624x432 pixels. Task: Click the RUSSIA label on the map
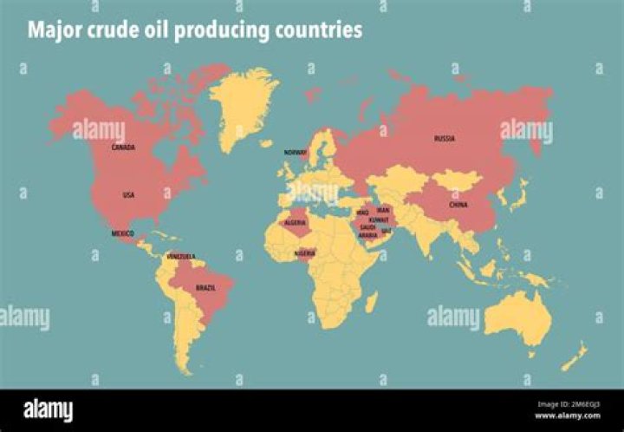(445, 139)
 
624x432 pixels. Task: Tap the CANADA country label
(122, 147)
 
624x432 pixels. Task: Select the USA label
(128, 195)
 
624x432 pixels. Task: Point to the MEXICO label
(122, 234)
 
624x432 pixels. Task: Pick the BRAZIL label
(205, 287)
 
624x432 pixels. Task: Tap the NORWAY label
(296, 153)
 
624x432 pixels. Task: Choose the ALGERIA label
(296, 223)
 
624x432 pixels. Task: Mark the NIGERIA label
(305, 253)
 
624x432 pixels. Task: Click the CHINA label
(458, 206)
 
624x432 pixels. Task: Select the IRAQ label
(362, 212)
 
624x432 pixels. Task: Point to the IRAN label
(384, 210)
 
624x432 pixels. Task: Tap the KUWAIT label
(379, 220)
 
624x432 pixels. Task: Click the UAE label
(387, 232)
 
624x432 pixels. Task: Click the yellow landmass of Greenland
(245, 104)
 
